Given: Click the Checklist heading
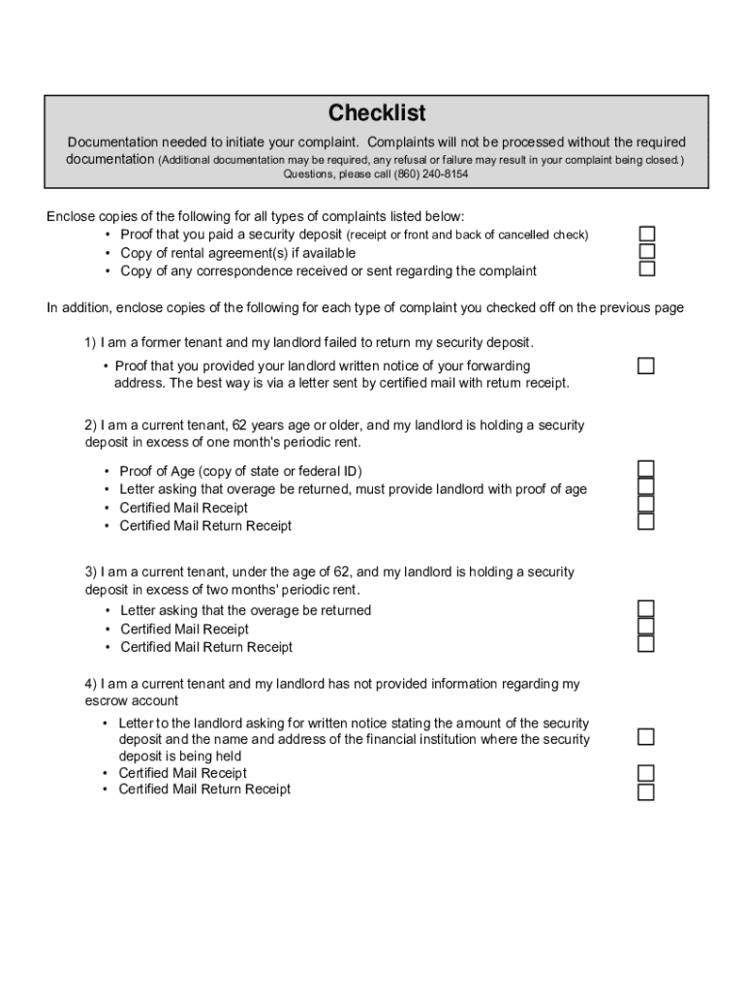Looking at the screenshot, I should coord(377,113).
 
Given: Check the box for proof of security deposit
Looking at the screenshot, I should coord(646,234).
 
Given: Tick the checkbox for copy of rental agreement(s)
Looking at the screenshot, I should coord(646,251).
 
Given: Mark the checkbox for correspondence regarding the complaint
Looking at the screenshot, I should coord(646,269).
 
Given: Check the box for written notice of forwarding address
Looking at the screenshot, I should coord(645,366).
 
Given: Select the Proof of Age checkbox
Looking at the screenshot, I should coord(645,469).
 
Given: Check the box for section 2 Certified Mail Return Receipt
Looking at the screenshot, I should coord(645,522).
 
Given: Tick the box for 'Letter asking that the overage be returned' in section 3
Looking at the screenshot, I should coord(645,608).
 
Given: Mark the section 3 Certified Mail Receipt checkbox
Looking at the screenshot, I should coord(645,626).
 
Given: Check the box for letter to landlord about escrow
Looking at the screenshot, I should coord(645,737).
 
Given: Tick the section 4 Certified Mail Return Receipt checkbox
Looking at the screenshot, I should coord(645,791).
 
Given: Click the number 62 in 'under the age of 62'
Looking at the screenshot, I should coord(341,572).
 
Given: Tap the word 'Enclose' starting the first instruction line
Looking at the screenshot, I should coord(70,216).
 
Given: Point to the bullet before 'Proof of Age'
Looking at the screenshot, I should coord(107,471).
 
